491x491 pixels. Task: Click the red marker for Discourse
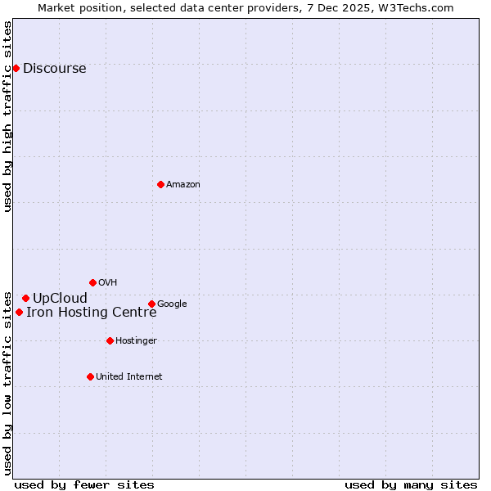[16, 68]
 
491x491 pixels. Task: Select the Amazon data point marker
[160, 184]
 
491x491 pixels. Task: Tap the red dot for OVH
[92, 282]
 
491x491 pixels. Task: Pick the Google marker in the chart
[151, 304]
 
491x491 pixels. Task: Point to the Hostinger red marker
[110, 340]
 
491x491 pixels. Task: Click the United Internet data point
[90, 376]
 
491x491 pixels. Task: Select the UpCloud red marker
[25, 298]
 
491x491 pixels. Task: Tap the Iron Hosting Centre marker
[19, 312]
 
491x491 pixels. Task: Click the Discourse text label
[54, 69]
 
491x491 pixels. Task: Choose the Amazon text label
[182, 185]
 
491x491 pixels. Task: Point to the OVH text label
[108, 283]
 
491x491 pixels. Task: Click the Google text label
[172, 304]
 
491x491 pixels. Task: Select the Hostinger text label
[136, 341]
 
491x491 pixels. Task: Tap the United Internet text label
[128, 377]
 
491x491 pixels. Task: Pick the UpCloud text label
[60, 299]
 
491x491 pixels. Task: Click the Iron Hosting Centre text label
[91, 313]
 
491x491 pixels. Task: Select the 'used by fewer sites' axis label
[84, 484]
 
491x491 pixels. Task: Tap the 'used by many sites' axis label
[411, 484]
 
